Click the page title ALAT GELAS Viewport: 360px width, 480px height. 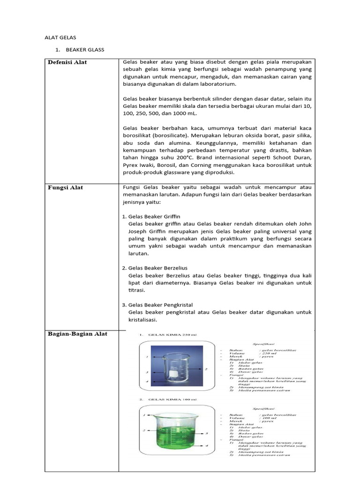coord(60,37)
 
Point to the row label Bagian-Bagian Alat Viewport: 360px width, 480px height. coord(78,334)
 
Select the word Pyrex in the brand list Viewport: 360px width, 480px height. coord(133,165)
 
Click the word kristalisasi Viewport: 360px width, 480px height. coord(142,320)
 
